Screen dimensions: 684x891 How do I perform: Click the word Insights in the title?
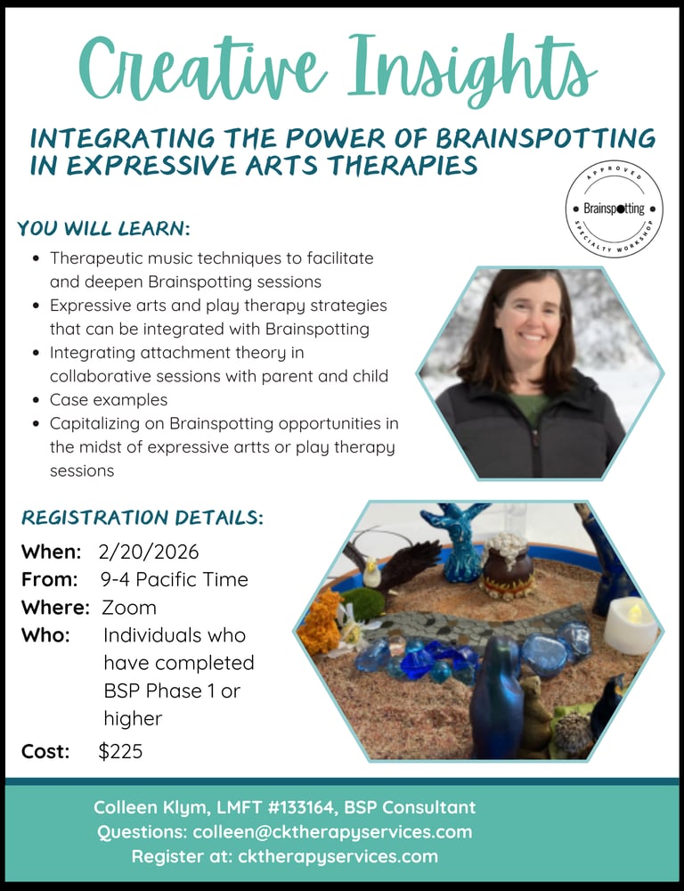(x=471, y=69)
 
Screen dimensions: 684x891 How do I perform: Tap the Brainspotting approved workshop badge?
(x=615, y=208)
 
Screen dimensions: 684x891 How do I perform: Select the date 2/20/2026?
(x=149, y=552)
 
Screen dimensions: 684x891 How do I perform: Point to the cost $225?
(x=120, y=751)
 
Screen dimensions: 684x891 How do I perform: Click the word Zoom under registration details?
(x=129, y=608)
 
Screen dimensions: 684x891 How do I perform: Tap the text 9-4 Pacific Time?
(x=175, y=580)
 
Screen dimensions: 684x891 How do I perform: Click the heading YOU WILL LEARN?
(x=103, y=228)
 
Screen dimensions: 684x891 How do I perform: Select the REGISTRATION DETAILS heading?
(x=142, y=518)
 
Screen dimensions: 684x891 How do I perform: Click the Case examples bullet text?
(x=109, y=400)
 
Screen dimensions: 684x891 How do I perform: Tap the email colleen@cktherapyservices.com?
(x=332, y=832)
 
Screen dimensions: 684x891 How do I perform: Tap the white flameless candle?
(x=631, y=625)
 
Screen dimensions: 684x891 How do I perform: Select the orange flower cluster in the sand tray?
(x=320, y=622)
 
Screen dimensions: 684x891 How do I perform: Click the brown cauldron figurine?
(x=508, y=566)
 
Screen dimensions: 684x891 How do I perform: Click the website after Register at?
(x=338, y=856)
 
